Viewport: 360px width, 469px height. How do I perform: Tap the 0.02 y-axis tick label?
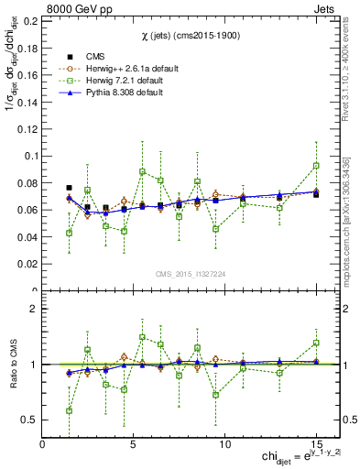[x=28, y=264]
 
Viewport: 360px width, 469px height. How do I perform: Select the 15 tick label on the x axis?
[x=316, y=443]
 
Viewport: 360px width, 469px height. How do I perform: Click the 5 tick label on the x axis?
[x=134, y=443]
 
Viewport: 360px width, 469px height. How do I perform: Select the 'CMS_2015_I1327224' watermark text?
[x=191, y=275]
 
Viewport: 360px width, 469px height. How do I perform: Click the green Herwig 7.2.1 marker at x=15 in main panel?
[x=316, y=166]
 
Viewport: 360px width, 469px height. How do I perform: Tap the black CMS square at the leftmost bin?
[x=70, y=188]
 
